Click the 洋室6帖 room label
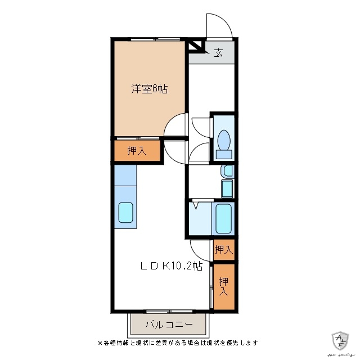150,88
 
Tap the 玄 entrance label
218,53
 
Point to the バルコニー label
169,325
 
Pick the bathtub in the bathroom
224,218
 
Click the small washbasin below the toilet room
227,171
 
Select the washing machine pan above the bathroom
227,188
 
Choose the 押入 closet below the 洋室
137,151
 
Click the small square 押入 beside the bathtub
223,249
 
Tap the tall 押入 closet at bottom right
223,287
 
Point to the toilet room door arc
200,126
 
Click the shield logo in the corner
340,340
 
